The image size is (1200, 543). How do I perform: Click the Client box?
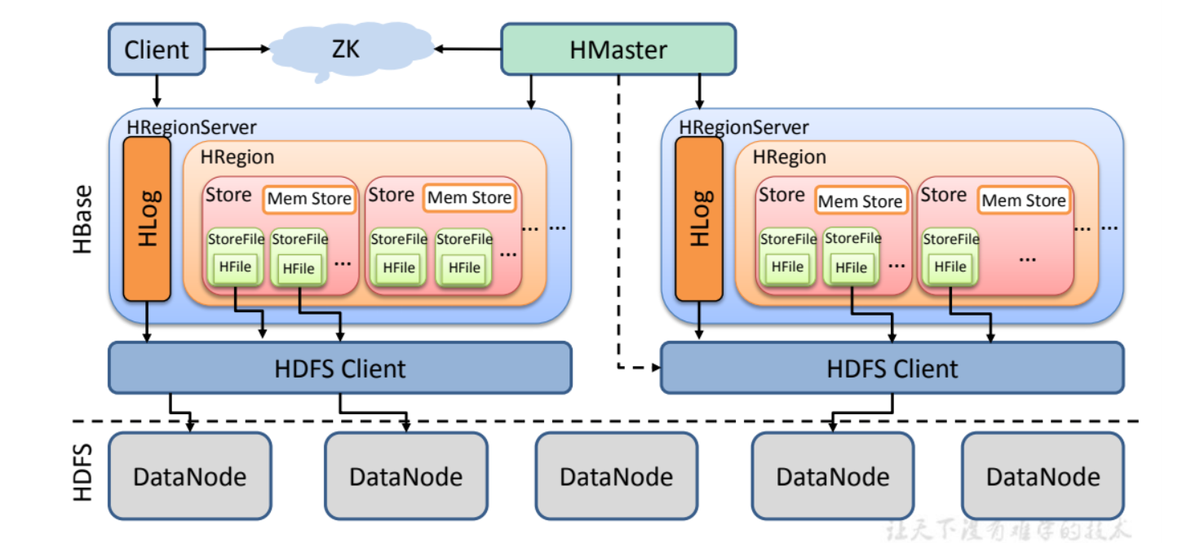click(156, 50)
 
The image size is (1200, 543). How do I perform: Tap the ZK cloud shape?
click(344, 51)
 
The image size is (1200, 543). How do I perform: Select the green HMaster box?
click(618, 50)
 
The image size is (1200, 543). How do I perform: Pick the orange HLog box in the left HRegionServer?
click(147, 219)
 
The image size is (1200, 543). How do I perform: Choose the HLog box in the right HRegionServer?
click(699, 219)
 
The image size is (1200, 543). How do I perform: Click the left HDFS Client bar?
click(339, 368)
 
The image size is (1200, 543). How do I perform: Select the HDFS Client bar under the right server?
click(892, 368)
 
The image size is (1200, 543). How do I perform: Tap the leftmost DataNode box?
click(189, 476)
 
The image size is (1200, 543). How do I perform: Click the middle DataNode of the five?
click(617, 476)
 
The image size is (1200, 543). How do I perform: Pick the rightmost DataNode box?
click(1043, 476)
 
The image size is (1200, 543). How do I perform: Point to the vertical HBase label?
click(83, 219)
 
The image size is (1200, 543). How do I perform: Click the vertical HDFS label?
click(83, 473)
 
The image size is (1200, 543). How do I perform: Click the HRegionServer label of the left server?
click(192, 127)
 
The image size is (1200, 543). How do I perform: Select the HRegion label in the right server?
click(789, 157)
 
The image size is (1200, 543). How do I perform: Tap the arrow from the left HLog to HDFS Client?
click(147, 322)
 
